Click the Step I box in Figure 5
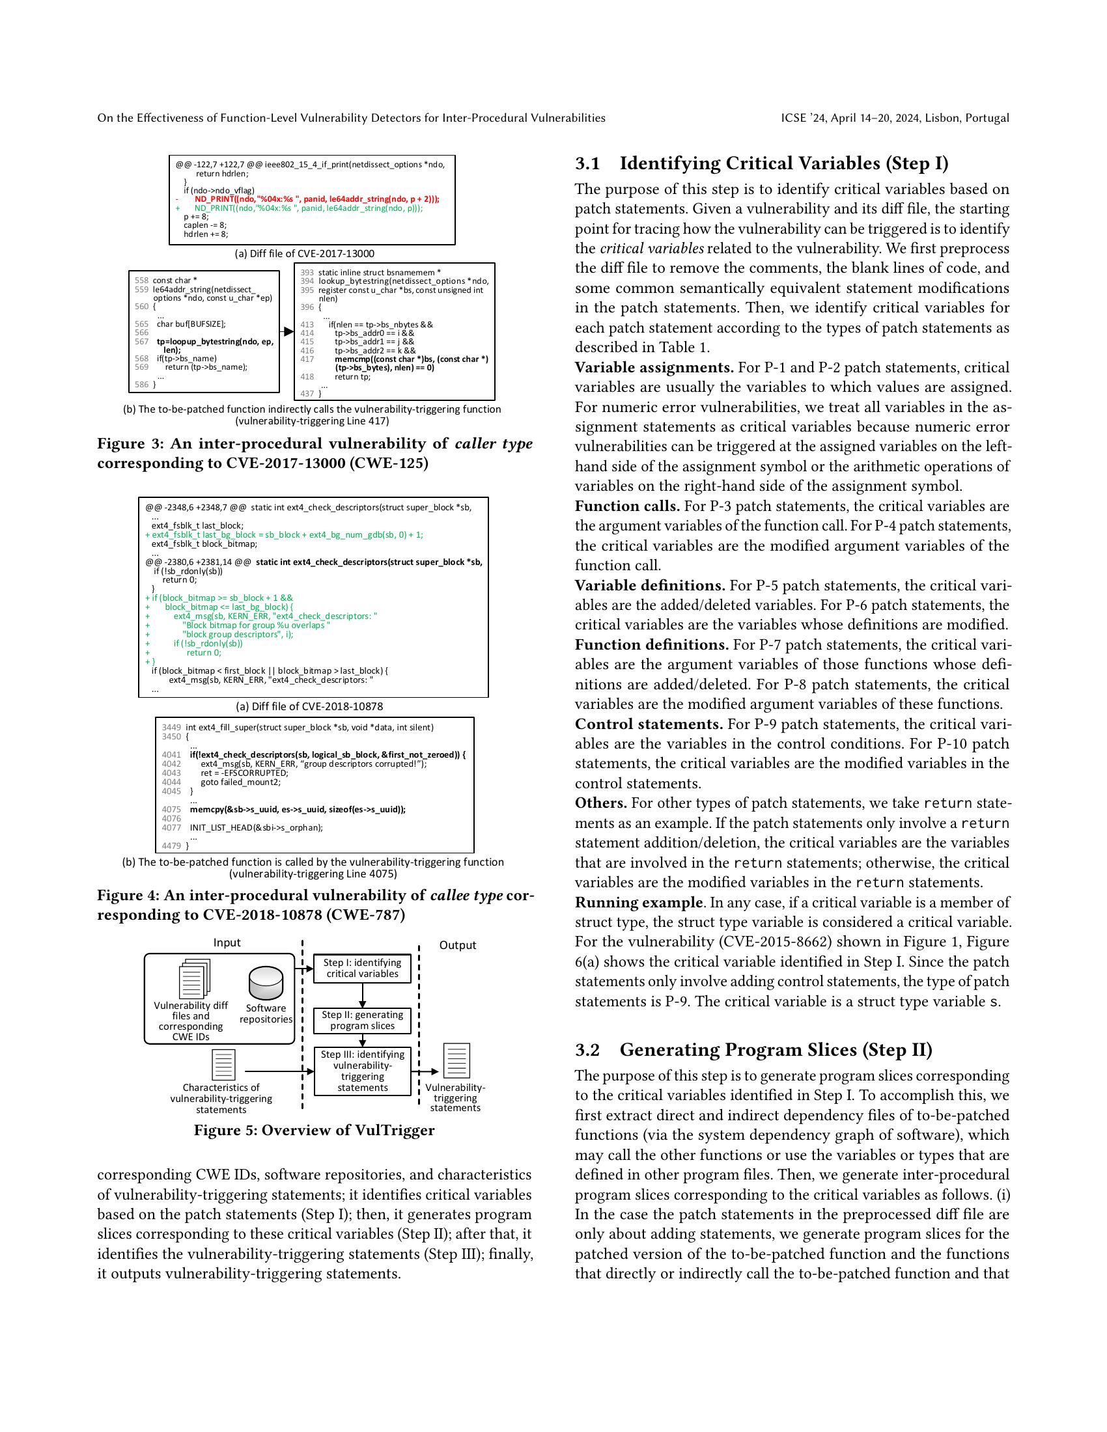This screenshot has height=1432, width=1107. tap(362, 968)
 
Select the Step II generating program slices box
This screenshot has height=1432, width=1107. tap(362, 1020)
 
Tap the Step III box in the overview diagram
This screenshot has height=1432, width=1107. tap(362, 1071)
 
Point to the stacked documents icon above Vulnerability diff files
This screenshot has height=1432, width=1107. tap(194, 979)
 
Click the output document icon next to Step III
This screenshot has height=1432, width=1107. tap(456, 1061)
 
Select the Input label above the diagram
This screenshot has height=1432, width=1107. tap(227, 943)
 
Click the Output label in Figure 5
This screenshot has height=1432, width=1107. tap(457, 946)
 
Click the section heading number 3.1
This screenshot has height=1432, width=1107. tap(587, 163)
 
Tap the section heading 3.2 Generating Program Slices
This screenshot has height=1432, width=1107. tap(753, 1050)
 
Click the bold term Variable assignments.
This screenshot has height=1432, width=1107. tap(654, 367)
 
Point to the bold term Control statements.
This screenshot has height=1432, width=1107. tap(649, 724)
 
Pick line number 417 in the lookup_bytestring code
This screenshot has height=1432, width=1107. tap(307, 359)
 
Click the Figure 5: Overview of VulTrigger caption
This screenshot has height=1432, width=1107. tap(314, 1131)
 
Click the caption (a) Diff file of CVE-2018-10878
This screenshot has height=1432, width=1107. tap(309, 706)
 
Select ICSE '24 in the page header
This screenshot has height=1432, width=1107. tap(803, 118)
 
